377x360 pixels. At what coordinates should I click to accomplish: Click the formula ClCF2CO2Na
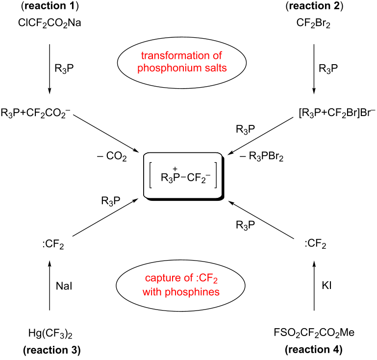click(50, 24)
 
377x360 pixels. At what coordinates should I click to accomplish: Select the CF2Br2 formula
click(313, 24)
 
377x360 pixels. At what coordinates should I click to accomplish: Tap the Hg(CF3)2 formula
click(50, 334)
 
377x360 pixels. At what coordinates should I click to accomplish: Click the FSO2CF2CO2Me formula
click(314, 333)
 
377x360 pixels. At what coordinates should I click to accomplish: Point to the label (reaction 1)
click(50, 6)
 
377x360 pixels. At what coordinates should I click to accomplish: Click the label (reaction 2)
click(314, 6)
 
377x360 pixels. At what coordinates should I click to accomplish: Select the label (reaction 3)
click(51, 350)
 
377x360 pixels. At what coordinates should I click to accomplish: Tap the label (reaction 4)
click(314, 350)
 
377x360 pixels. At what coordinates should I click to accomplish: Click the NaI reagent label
click(64, 286)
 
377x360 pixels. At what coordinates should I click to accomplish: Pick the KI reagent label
click(327, 286)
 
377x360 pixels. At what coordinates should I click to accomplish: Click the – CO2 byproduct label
click(112, 156)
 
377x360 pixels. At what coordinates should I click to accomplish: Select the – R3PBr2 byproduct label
click(262, 156)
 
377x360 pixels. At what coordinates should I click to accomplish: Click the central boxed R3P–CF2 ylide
click(183, 176)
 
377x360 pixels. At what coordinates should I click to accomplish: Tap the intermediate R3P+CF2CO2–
click(36, 113)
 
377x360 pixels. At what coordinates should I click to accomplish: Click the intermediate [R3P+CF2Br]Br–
click(337, 113)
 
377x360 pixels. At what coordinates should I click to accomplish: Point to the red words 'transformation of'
click(181, 56)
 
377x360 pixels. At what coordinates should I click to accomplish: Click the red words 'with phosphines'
click(181, 292)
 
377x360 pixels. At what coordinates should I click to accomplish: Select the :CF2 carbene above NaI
click(53, 244)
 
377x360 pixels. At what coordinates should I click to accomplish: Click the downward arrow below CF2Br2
click(314, 69)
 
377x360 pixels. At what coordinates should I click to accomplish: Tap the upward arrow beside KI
click(314, 286)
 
